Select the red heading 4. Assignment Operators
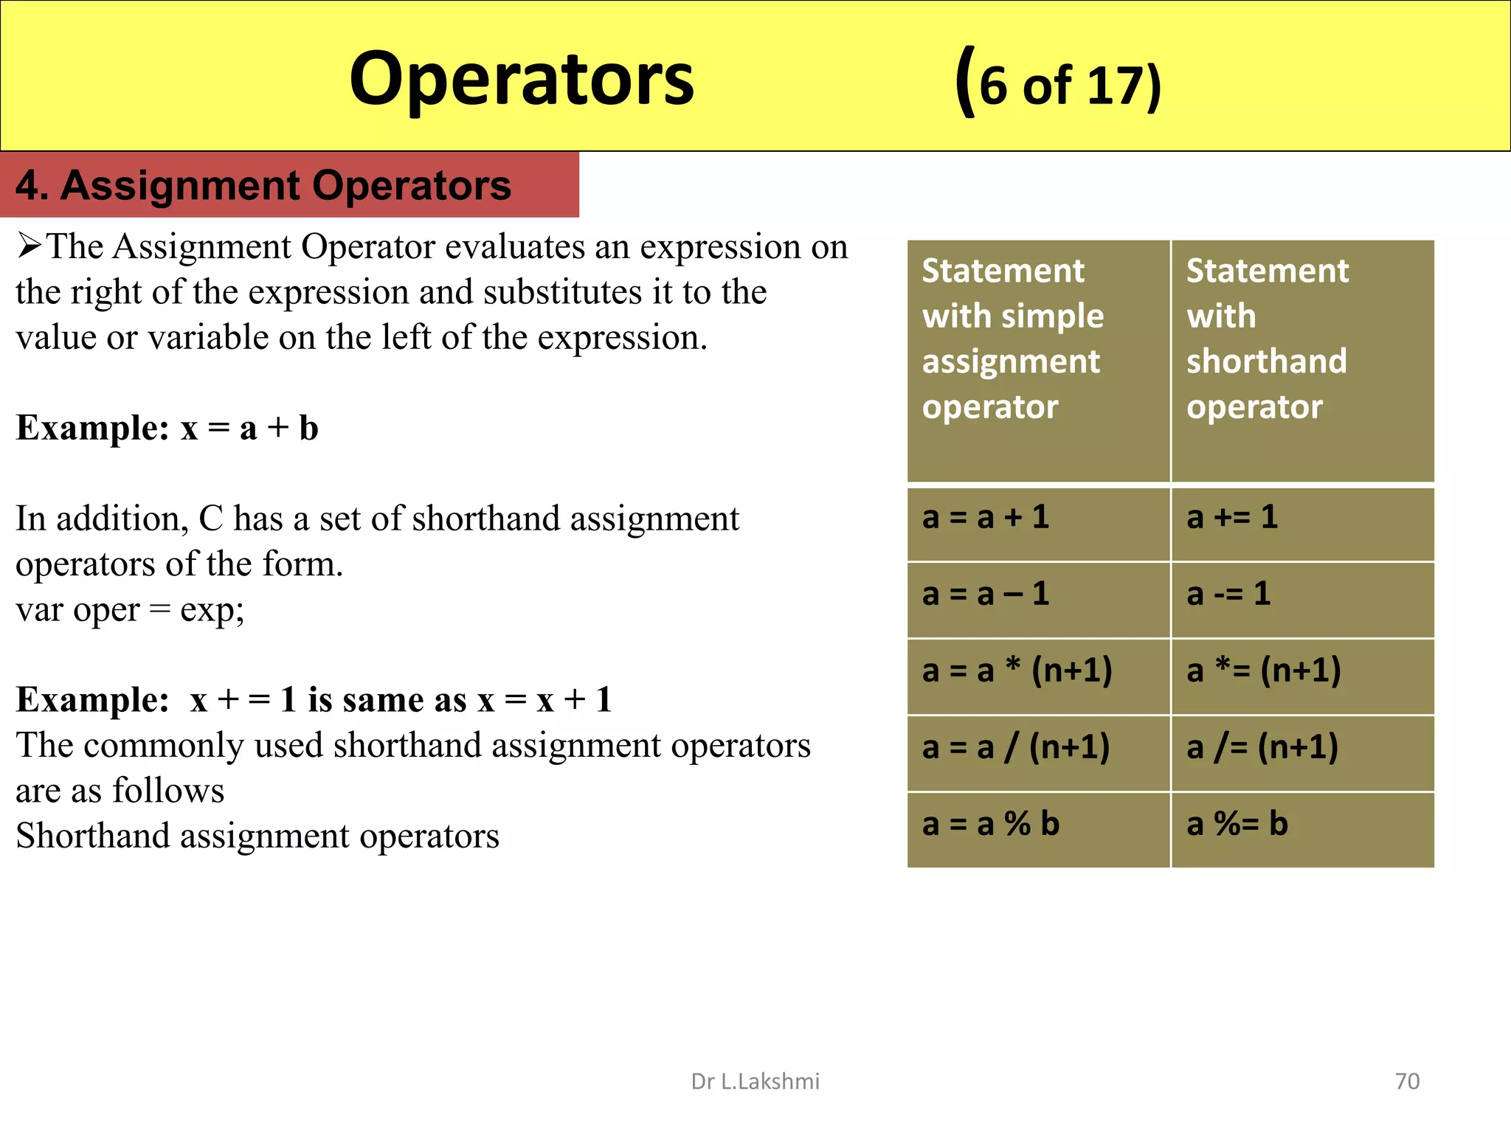[x=263, y=185]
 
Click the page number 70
[x=1407, y=1081]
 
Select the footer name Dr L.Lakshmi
[x=755, y=1081]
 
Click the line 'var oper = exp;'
[x=130, y=610]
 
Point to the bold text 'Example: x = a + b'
[x=167, y=428]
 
